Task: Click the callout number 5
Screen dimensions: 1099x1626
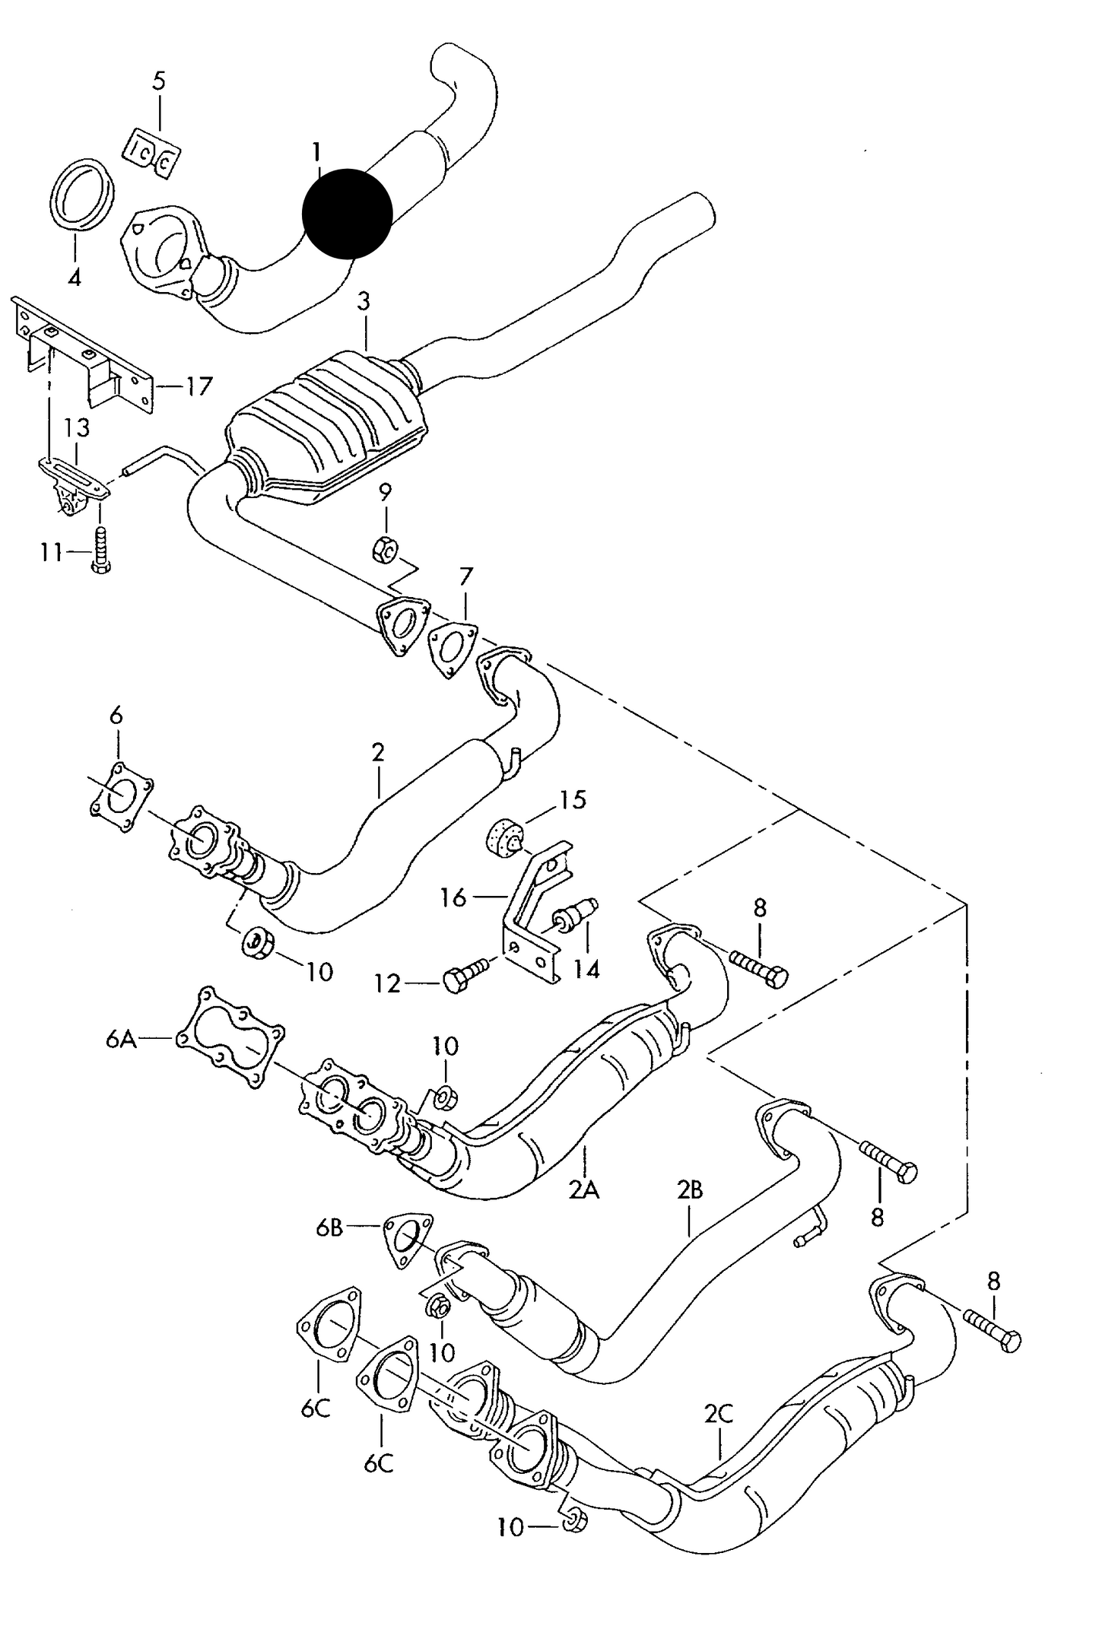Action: [158, 81]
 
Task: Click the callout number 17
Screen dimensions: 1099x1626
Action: [199, 387]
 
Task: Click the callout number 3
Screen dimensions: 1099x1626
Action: [364, 301]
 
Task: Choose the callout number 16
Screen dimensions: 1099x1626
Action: [453, 898]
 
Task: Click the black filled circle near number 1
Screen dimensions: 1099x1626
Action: [348, 213]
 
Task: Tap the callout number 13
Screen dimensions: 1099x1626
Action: [77, 427]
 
